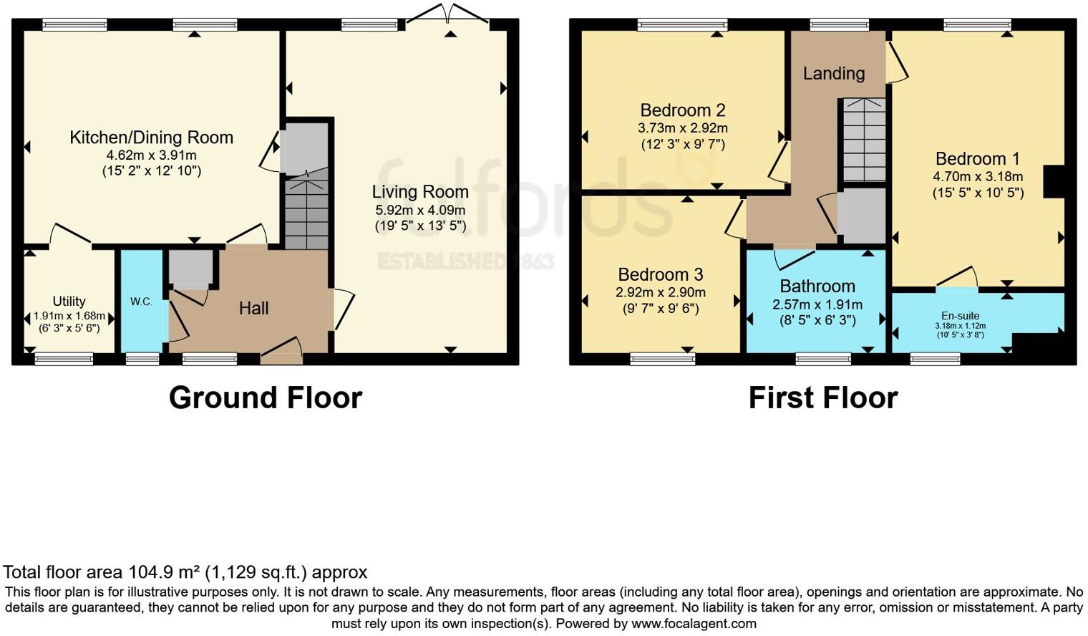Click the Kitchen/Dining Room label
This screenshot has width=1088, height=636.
(151, 138)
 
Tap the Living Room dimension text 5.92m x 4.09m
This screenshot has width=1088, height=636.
(420, 210)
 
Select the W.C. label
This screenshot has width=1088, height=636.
(141, 302)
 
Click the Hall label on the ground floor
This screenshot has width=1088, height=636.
(253, 308)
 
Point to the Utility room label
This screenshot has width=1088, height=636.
(69, 302)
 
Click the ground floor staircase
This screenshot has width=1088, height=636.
(306, 213)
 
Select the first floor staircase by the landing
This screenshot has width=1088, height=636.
(864, 140)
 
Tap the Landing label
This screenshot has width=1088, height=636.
(833, 73)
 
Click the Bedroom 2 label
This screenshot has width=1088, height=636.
(682, 110)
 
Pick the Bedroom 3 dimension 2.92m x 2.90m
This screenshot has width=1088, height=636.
(660, 292)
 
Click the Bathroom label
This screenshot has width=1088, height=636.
(817, 286)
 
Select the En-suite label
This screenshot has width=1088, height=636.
(960, 316)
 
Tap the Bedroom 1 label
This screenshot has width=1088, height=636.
(977, 159)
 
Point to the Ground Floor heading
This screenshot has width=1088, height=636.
(266, 397)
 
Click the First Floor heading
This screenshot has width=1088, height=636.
(822, 397)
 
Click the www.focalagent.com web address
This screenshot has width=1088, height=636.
(694, 623)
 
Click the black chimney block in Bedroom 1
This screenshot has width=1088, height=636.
(1054, 181)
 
